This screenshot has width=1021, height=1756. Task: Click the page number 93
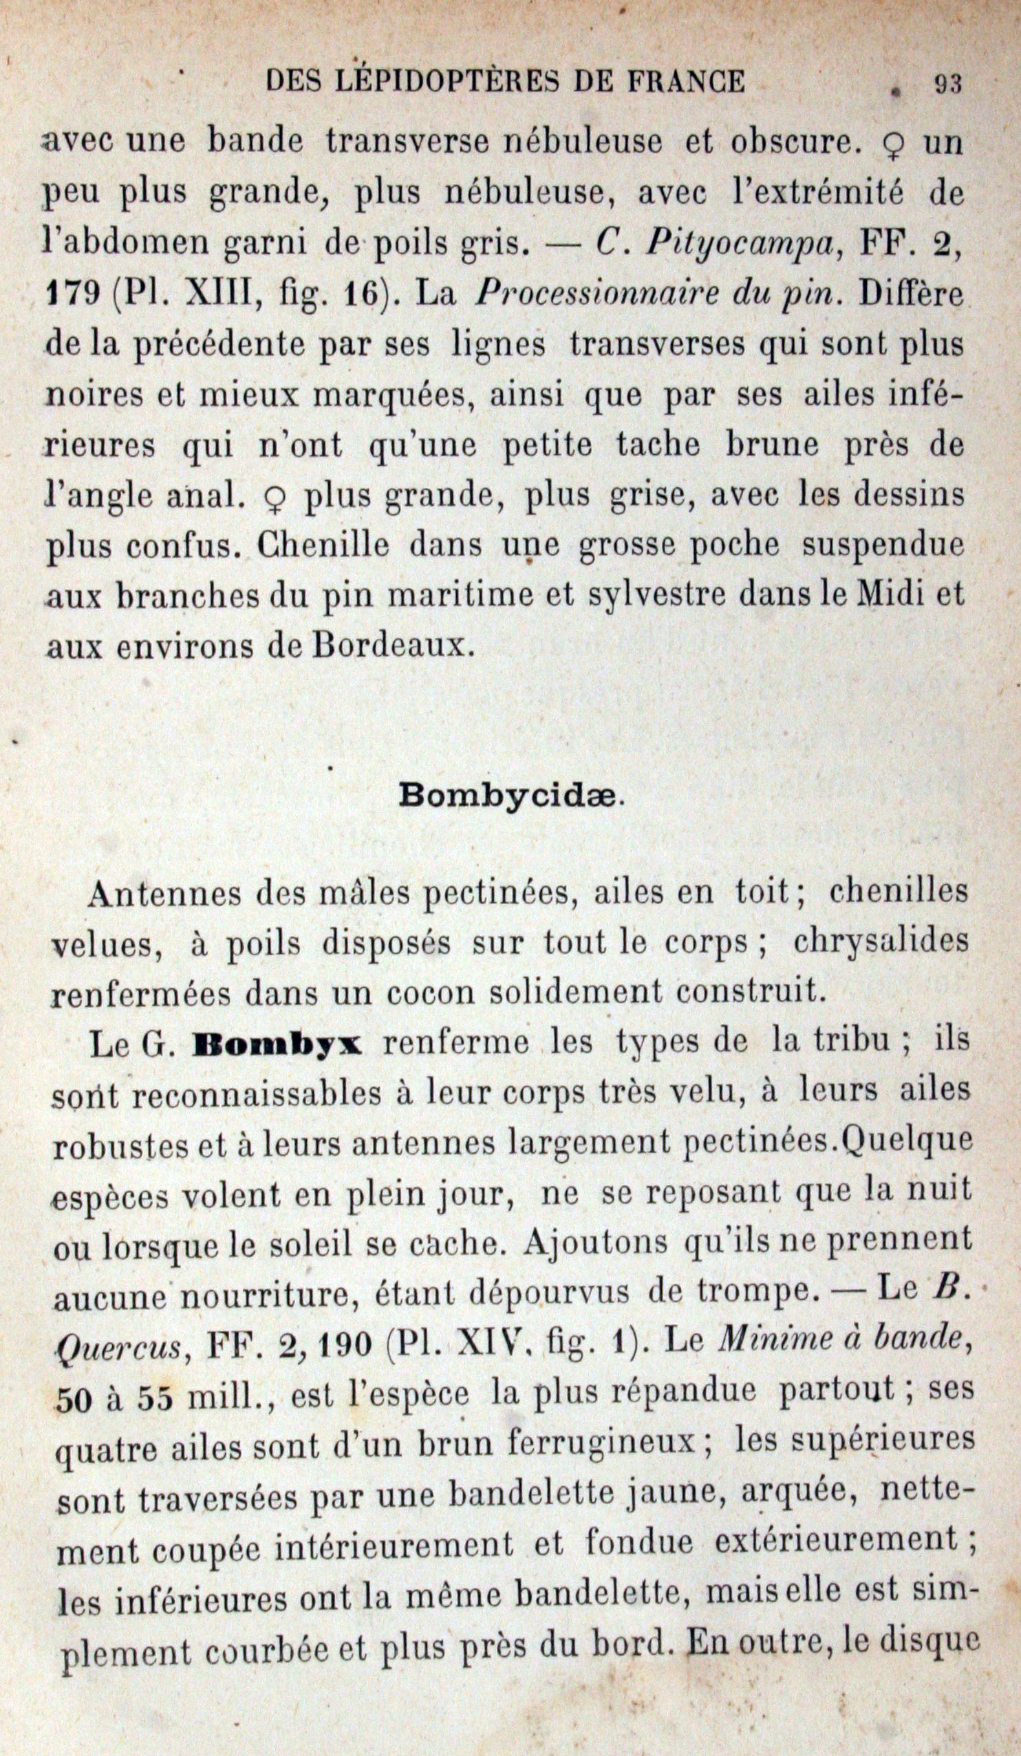(x=947, y=85)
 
